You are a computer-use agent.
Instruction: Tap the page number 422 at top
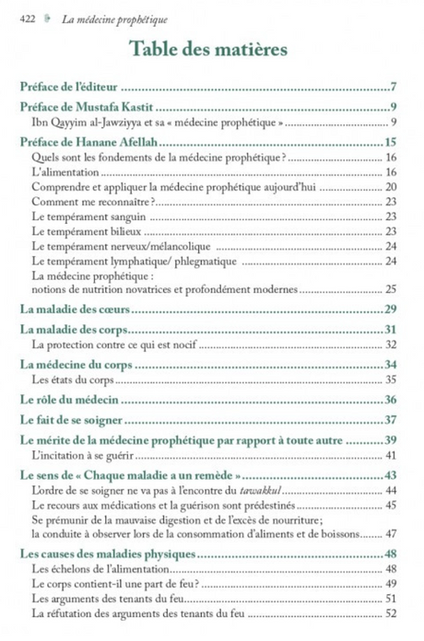(x=28, y=14)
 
